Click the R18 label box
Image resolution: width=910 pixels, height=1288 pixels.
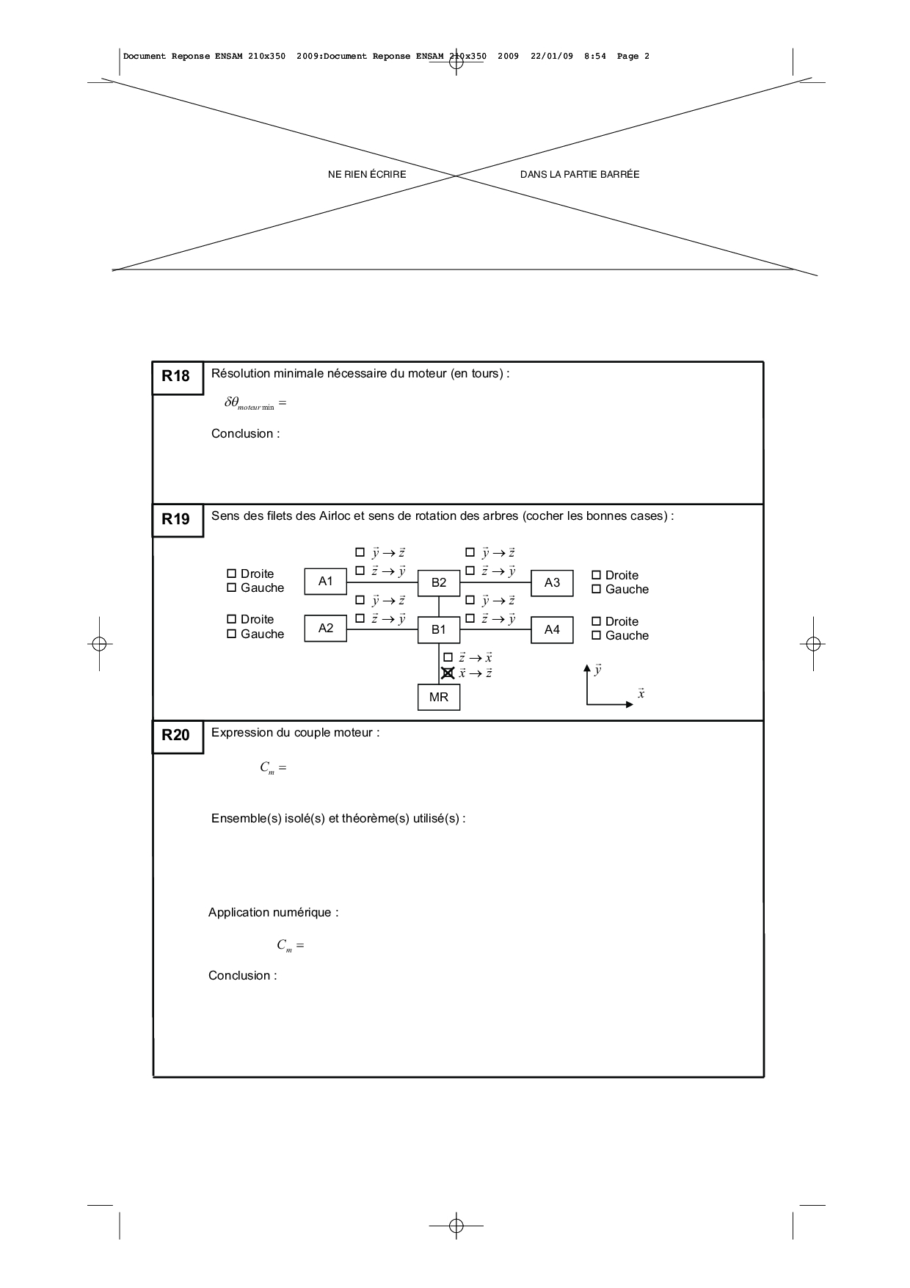[178, 377]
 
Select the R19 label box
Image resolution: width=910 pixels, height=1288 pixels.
[178, 520]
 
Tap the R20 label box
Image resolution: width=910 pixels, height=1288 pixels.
[178, 737]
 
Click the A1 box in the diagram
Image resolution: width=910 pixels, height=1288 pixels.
[326, 582]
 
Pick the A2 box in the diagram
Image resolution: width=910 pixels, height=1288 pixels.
[326, 629]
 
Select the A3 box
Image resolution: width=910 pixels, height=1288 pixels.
[552, 583]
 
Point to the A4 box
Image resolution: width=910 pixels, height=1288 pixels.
[552, 629]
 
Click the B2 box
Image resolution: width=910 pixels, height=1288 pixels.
[439, 583]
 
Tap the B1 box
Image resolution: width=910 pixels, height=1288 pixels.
[439, 629]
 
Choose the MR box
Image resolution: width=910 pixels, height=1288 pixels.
[439, 697]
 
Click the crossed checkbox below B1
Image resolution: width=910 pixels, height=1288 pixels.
[448, 673]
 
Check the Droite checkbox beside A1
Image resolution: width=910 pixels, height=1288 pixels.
[232, 574]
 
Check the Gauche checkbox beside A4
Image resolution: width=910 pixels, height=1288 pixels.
[597, 635]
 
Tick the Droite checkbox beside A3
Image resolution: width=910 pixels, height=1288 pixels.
[597, 575]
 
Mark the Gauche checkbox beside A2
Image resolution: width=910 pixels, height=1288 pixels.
[232, 634]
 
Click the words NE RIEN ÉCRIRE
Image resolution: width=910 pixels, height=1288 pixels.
[367, 175]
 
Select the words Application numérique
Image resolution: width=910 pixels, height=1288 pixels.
[274, 913]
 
